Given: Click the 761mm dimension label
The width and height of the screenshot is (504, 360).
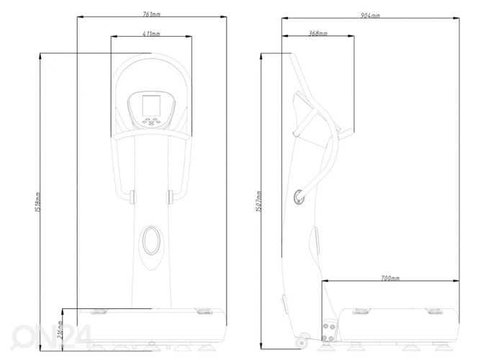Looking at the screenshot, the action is [151, 14].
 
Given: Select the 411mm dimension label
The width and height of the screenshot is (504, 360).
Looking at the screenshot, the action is [151, 33].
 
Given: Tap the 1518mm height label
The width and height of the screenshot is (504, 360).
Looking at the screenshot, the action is [37, 202].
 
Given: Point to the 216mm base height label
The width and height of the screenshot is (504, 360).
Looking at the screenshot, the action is [60, 330].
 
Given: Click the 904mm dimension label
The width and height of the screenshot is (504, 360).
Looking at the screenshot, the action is [370, 15].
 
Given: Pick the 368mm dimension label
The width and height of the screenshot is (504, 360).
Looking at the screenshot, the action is [318, 33].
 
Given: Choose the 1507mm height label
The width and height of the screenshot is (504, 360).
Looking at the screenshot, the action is [258, 202].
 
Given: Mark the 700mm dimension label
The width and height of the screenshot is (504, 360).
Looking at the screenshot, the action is [390, 278].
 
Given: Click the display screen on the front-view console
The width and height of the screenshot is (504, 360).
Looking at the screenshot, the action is [151, 105].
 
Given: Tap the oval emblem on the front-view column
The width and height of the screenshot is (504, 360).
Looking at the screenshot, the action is [151, 240].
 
